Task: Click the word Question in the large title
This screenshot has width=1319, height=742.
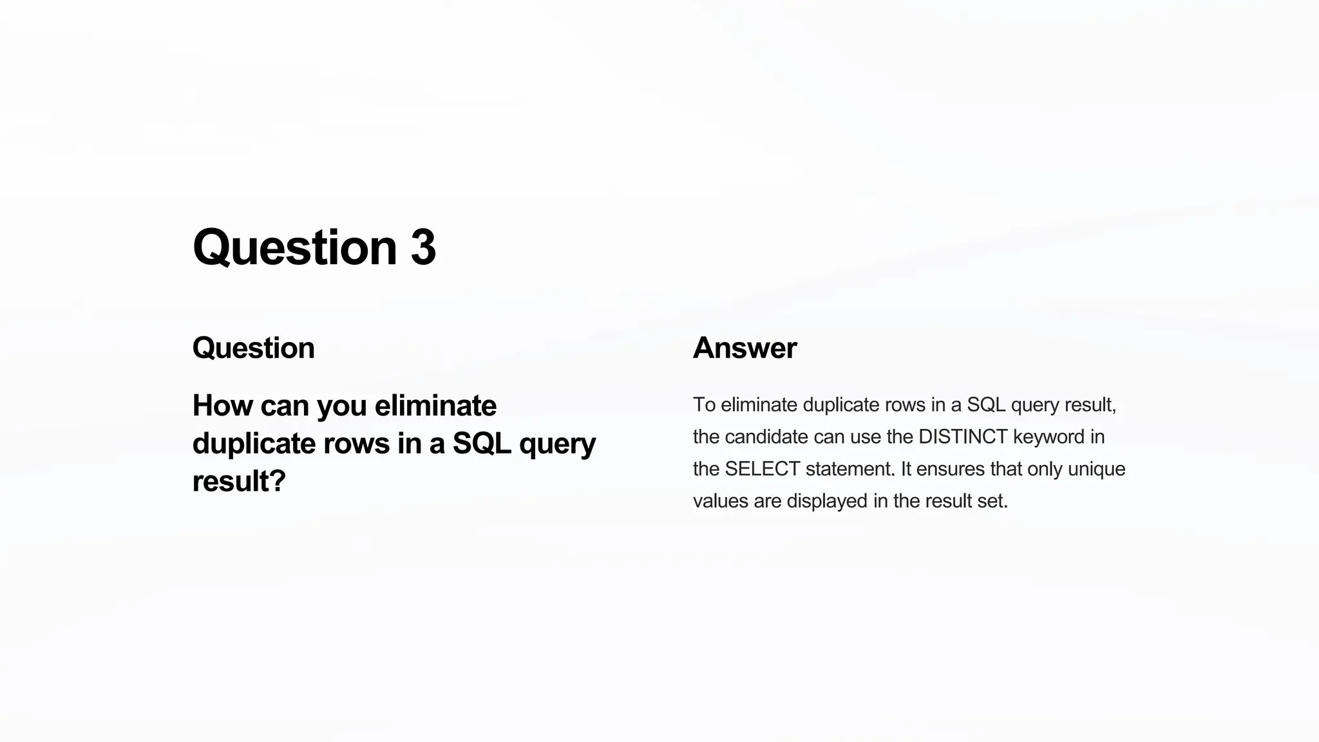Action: pos(294,249)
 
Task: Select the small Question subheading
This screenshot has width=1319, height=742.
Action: pos(253,348)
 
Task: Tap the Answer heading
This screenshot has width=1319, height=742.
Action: pos(745,348)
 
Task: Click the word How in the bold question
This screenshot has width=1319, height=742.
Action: pos(222,406)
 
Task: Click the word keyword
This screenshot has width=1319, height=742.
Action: pos(1049,437)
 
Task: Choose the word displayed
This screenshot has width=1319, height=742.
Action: pos(827,501)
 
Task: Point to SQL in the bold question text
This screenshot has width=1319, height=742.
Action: pos(481,443)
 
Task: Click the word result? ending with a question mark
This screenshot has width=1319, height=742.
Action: pos(238,481)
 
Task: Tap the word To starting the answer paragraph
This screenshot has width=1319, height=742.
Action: pos(704,405)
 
